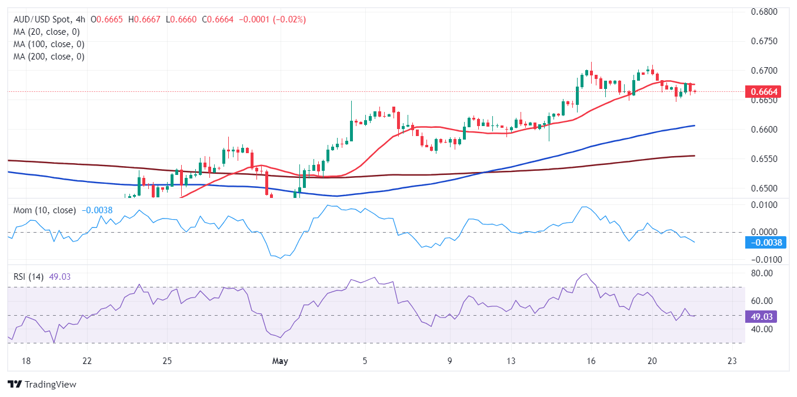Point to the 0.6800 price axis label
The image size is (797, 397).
pos(765,12)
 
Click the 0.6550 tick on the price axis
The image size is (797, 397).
pos(765,159)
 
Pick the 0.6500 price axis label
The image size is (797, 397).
pos(765,188)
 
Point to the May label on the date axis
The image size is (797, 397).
pos(281,360)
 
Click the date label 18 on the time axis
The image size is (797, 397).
pos(26,360)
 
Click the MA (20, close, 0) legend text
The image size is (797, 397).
pos(46,32)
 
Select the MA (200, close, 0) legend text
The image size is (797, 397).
pos(49,57)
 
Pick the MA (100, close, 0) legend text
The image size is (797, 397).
pos(49,44)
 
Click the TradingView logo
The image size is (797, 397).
pos(42,385)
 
